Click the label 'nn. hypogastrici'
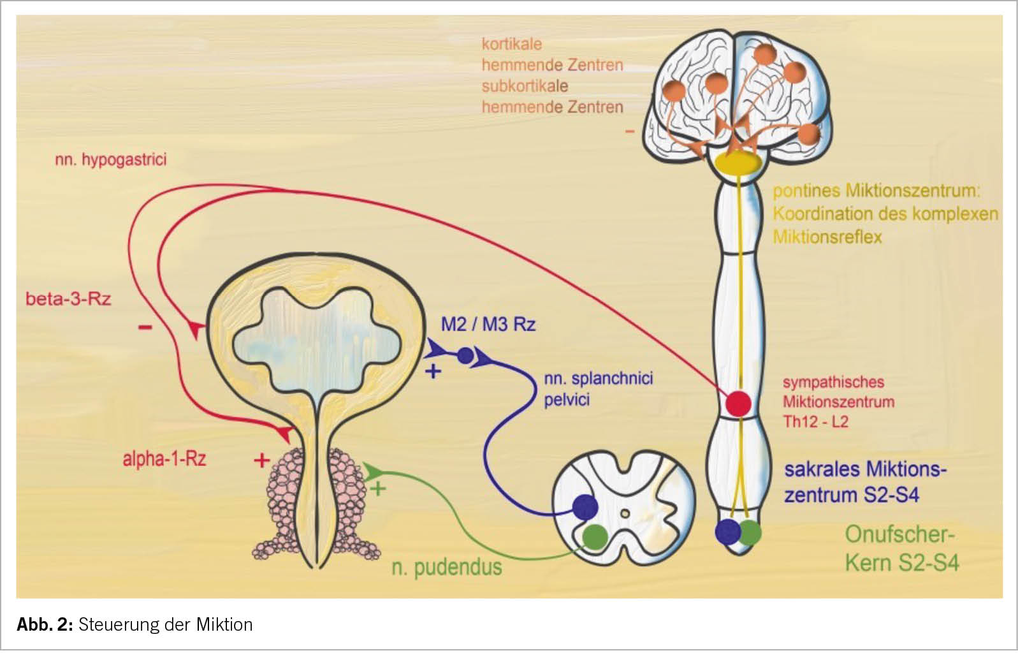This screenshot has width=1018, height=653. point(111,159)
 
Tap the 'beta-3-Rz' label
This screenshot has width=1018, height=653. point(68,298)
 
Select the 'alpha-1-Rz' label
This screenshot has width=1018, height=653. point(164,459)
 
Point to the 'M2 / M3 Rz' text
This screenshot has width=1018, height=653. point(488,325)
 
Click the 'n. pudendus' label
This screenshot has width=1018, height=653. point(447,567)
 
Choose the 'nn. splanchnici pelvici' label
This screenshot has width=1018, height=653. point(598,389)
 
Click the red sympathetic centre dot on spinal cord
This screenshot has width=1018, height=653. point(739,404)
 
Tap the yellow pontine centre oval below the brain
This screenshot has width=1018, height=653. point(739,163)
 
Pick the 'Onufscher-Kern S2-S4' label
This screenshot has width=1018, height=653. point(901,549)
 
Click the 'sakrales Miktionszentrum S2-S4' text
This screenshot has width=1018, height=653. point(865,482)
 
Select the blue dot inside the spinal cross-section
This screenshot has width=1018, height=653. point(585,507)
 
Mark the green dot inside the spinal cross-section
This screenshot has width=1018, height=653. point(595,536)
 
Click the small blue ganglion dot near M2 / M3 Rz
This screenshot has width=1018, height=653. point(465,355)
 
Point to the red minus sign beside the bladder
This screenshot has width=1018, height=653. point(145,328)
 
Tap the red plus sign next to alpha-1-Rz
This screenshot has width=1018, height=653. point(261,460)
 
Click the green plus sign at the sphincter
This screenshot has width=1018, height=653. point(378,489)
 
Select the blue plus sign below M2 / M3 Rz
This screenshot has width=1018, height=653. point(433,371)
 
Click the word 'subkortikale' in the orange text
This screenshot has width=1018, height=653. point(525,86)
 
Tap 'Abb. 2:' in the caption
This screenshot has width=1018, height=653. point(45,624)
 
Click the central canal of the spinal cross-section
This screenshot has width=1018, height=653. point(625,513)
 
